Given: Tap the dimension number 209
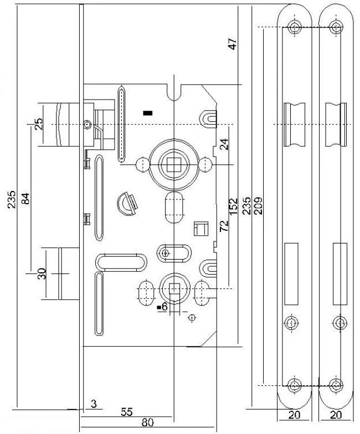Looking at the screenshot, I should coord(259,205).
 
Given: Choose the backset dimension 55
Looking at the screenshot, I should coord(126,412).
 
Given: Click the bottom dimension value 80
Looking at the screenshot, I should coord(147,423).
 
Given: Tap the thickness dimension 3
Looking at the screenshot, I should coord(94,404).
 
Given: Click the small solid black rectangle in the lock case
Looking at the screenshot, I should coord(147,113).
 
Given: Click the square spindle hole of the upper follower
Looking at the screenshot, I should coord(169,164).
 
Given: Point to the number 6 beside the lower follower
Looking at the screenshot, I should coord(164,306).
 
